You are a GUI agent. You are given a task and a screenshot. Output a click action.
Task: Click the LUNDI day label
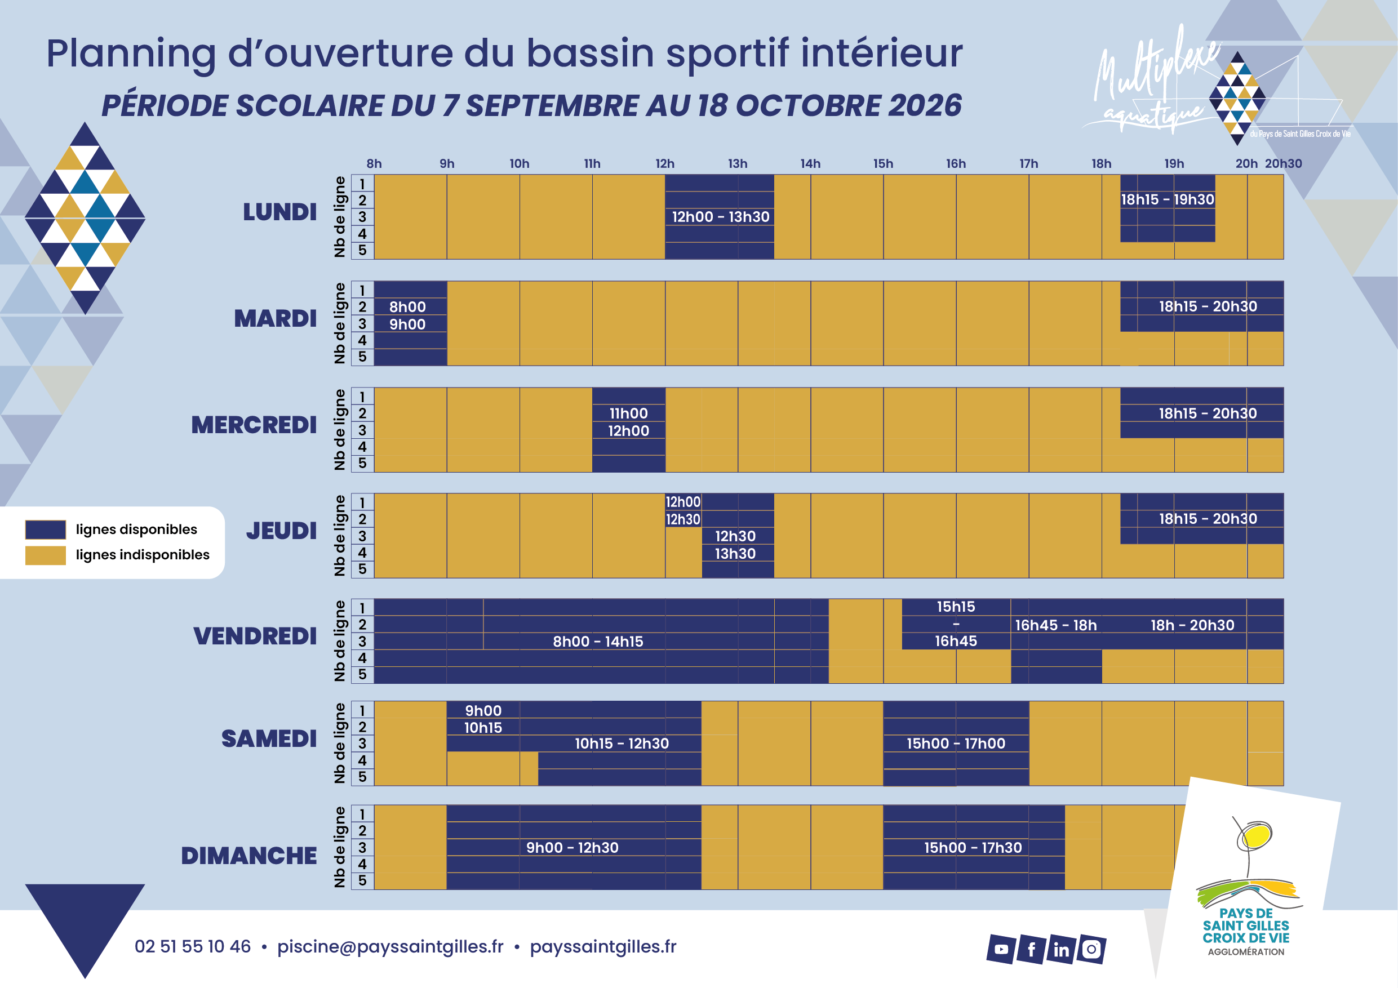(x=279, y=212)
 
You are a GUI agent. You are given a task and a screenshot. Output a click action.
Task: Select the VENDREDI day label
(x=255, y=636)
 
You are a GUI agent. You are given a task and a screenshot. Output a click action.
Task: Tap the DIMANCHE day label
(x=248, y=856)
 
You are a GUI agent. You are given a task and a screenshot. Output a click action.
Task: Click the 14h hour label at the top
(x=810, y=164)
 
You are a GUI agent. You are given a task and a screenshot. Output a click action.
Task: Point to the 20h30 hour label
(x=1284, y=164)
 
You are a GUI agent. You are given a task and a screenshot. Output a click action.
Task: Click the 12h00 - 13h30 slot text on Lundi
(x=720, y=217)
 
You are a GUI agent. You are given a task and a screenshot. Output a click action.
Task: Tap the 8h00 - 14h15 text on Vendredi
(x=598, y=642)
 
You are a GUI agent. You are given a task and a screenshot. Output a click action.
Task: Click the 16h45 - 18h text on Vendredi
(x=1056, y=625)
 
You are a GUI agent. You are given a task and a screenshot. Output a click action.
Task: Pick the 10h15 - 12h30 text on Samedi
(x=622, y=744)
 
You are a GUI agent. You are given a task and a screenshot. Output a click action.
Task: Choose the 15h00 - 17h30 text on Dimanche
(x=973, y=847)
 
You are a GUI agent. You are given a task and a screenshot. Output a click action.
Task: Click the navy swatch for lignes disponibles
(x=46, y=529)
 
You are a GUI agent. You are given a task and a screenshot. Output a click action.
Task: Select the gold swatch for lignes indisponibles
(x=46, y=555)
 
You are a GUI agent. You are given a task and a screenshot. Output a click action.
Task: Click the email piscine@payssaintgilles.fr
(x=390, y=947)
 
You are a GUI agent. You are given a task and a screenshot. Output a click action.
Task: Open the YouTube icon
(x=1001, y=950)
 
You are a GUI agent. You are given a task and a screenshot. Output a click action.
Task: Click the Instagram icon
(x=1091, y=950)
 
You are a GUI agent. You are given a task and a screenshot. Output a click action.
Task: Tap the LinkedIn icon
(x=1061, y=950)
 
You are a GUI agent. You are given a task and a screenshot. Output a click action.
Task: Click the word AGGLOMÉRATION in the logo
(x=1246, y=952)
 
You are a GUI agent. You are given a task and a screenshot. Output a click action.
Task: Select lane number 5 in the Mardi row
(x=362, y=357)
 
